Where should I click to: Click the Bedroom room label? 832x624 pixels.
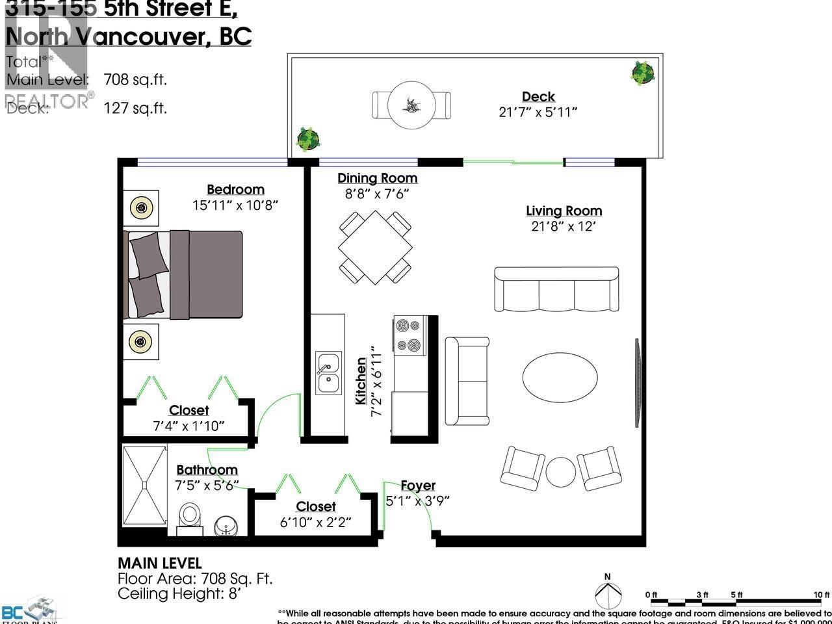pyautogui.click(x=235, y=190)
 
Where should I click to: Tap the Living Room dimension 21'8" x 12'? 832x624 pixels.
pyautogui.click(x=564, y=227)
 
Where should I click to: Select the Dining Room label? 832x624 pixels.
pyautogui.click(x=377, y=178)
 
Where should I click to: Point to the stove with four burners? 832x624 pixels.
pyautogui.click(x=409, y=335)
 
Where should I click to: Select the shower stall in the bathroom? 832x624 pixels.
pyautogui.click(x=144, y=485)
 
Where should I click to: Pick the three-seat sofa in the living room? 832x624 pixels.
pyautogui.click(x=556, y=289)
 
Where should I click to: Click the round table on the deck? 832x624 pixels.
pyautogui.click(x=411, y=104)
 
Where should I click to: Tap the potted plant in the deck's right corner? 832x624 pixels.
pyautogui.click(x=642, y=72)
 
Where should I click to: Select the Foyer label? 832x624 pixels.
pyautogui.click(x=418, y=486)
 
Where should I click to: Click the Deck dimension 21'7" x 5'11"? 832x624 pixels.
pyautogui.click(x=538, y=112)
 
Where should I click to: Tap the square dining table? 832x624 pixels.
pyautogui.click(x=376, y=248)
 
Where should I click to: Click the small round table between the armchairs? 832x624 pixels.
pyautogui.click(x=560, y=471)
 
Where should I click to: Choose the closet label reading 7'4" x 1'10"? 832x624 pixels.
pyautogui.click(x=188, y=426)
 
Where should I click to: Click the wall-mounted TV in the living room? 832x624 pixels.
pyautogui.click(x=638, y=383)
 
